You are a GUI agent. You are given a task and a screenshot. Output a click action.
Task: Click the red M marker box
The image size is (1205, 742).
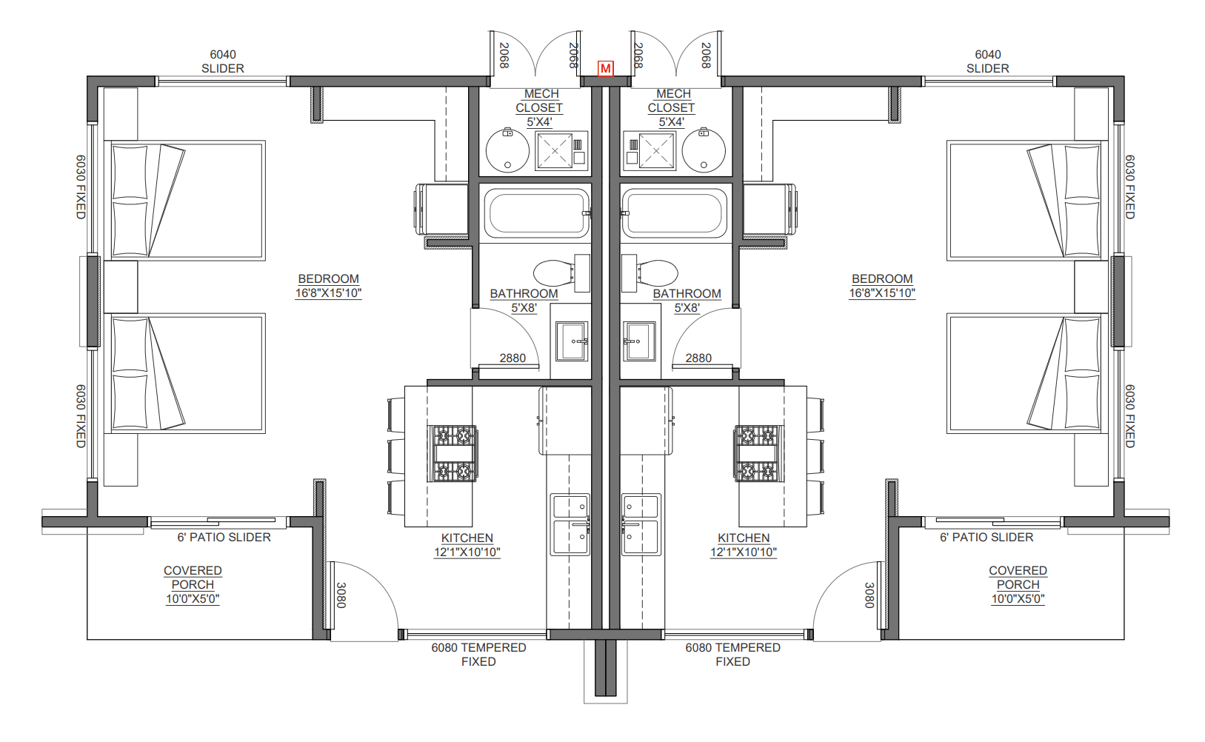click(606, 68)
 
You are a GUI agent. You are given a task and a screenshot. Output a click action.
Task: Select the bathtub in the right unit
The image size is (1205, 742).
click(674, 213)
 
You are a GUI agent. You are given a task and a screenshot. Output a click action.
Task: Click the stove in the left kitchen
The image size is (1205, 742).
click(453, 453)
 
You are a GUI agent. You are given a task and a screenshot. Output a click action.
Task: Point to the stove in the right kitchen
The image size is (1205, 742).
click(758, 453)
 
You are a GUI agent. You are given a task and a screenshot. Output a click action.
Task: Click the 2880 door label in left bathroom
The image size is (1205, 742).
click(512, 358)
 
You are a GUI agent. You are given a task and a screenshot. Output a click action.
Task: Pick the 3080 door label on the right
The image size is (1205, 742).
click(869, 595)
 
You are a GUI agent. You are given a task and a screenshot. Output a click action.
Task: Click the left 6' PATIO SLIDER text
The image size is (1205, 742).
click(224, 537)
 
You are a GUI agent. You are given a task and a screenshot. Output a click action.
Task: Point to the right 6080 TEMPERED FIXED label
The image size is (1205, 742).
click(732, 655)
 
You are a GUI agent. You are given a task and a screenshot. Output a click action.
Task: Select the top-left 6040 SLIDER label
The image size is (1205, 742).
click(223, 61)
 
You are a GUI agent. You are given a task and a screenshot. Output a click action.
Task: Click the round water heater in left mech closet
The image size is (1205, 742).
click(507, 150)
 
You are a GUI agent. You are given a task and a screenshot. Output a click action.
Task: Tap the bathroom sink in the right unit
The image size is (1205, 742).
click(639, 341)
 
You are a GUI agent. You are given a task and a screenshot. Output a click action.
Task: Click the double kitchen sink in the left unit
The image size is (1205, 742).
click(570, 525)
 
